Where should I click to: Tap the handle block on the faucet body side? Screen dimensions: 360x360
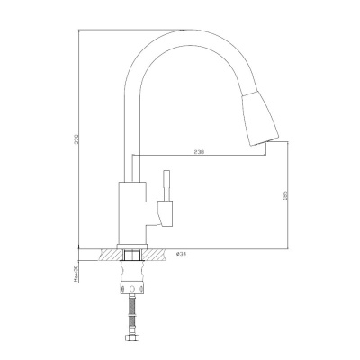click(163, 213)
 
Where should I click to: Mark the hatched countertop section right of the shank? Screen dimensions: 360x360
click(159, 254)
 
